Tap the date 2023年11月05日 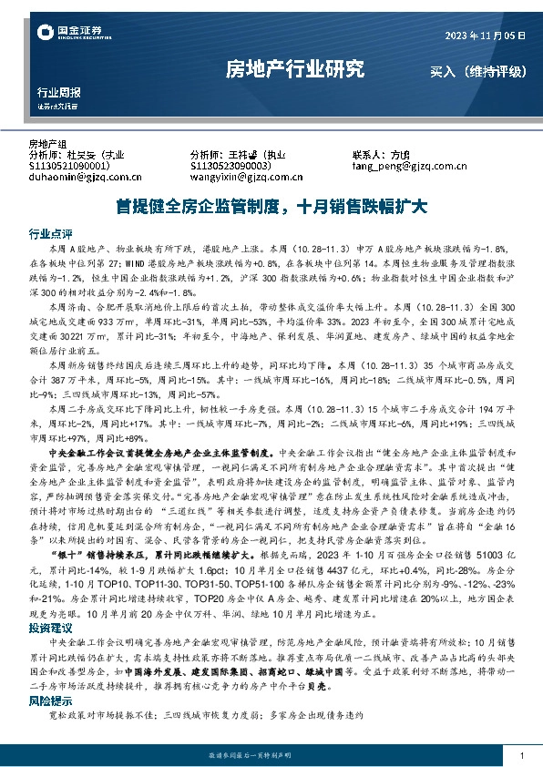pos(486,35)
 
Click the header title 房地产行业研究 pos(293,68)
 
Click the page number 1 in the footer pos(520,756)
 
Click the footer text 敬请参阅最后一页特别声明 pos(271,756)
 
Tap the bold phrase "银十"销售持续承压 pos(105,528)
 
